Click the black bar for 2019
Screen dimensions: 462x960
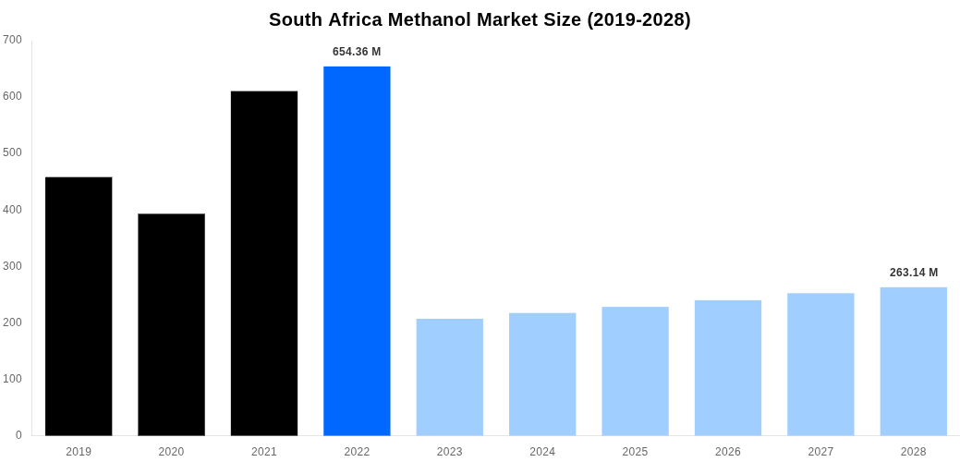point(79,306)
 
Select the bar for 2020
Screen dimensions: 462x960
point(171,324)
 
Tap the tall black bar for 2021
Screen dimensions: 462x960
point(264,263)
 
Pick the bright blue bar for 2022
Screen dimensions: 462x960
point(357,250)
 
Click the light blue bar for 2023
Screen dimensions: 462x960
point(450,377)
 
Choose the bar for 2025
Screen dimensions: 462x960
point(635,371)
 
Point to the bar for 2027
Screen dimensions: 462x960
point(820,364)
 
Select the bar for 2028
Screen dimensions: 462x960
point(913,361)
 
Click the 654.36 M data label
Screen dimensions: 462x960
point(357,52)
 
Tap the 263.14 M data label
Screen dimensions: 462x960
point(913,273)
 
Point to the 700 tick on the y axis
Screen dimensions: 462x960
point(12,40)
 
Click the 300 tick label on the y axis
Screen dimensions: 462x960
point(12,266)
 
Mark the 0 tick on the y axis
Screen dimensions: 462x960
point(18,435)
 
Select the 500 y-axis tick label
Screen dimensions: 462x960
point(12,152)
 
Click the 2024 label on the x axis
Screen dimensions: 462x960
point(542,452)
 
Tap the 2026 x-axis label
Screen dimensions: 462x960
point(728,452)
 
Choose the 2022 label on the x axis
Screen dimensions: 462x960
point(357,452)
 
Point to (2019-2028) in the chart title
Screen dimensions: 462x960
point(638,19)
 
